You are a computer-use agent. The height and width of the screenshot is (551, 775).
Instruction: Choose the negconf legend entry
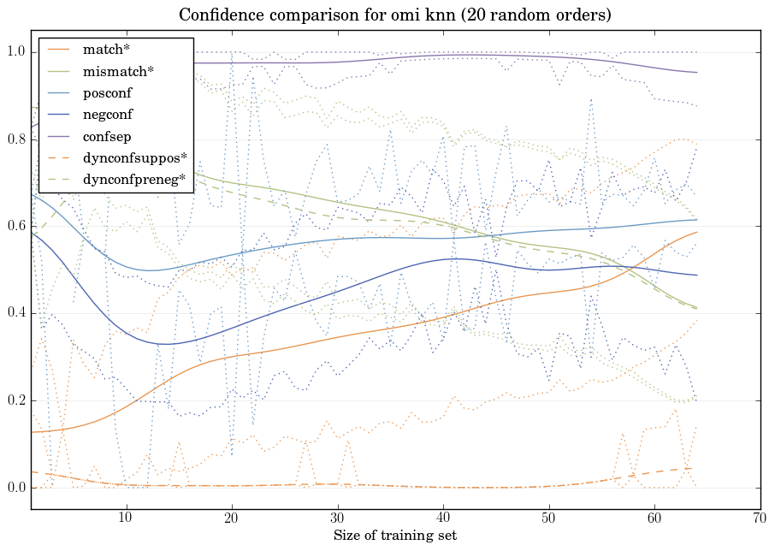tap(106, 114)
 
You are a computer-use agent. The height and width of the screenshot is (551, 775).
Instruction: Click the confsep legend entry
tap(105, 135)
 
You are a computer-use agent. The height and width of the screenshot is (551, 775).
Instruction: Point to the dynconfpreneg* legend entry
tap(135, 180)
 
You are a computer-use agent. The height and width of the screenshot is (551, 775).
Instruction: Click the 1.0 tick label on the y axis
tap(15, 53)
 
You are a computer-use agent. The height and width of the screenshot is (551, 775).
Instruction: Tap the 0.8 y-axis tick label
tap(15, 140)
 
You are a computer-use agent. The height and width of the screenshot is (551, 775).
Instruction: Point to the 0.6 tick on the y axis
tap(15, 227)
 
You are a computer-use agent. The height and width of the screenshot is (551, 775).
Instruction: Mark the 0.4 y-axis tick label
tap(15, 314)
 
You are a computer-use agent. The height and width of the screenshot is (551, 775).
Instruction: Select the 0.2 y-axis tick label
tap(15, 401)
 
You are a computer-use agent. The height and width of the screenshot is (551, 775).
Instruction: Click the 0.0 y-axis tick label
tap(15, 489)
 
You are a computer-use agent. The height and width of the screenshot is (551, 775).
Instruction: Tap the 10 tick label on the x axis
tap(126, 518)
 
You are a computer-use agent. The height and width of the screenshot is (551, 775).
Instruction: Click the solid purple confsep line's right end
tap(697, 73)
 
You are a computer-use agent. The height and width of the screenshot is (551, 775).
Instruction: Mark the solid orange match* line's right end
tap(697, 233)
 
